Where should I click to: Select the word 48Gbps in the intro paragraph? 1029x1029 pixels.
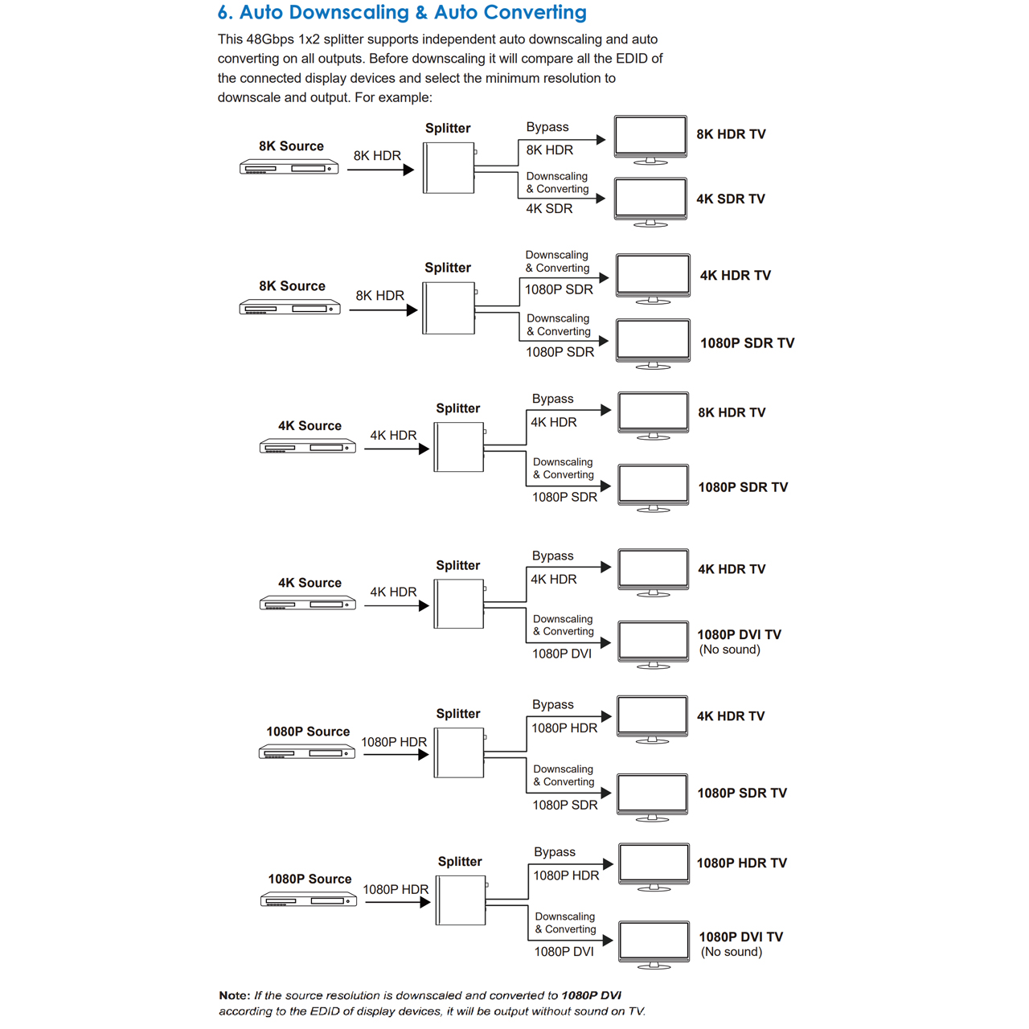[x=270, y=40]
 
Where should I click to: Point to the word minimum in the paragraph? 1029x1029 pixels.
[x=545, y=78]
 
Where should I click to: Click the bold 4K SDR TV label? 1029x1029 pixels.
[x=731, y=199]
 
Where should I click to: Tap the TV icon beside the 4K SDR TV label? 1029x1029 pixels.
[x=650, y=202]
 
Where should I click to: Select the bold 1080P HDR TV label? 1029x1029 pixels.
[x=742, y=863]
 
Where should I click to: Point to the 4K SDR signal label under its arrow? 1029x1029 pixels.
[x=549, y=209]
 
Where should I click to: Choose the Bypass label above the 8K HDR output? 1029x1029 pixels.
[x=547, y=128]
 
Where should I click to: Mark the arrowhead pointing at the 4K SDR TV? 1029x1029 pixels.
[x=601, y=199]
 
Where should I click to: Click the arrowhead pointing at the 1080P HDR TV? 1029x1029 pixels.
[x=609, y=864]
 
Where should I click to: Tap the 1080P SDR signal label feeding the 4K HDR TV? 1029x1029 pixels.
[x=559, y=290]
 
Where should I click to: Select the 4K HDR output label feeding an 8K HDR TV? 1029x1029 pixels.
[x=554, y=423]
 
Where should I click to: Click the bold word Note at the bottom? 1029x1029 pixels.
[x=235, y=995]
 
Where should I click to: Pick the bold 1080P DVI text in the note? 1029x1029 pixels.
[x=591, y=995]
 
